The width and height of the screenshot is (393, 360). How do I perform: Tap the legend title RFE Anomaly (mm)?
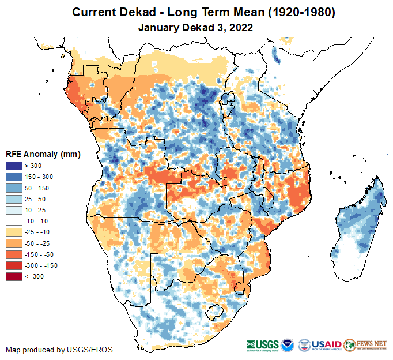(43, 155)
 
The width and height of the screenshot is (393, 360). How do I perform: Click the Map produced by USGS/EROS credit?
(59, 350)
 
